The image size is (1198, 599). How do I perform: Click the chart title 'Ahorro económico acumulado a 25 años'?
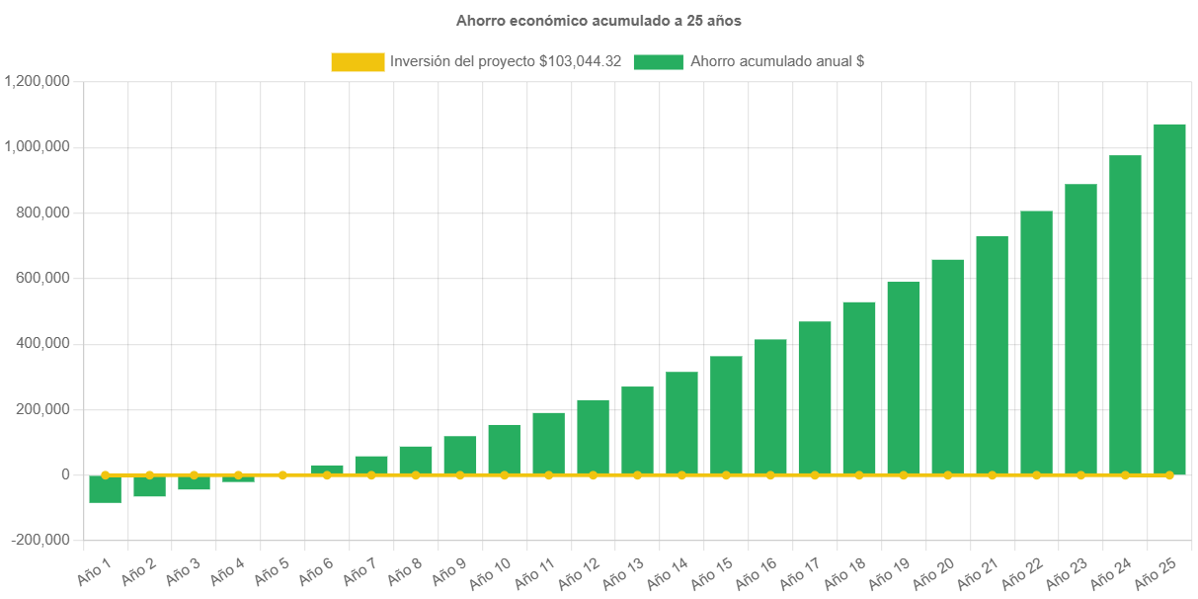click(x=599, y=20)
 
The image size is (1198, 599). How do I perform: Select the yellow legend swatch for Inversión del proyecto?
click(x=358, y=61)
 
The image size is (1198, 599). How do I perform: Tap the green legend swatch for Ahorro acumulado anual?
click(x=658, y=61)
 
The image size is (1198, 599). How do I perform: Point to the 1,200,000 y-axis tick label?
click(x=37, y=81)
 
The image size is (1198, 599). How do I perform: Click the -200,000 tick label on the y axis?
click(x=40, y=540)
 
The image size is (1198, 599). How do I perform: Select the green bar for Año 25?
click(x=1169, y=297)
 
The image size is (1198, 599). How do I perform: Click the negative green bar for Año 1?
click(x=105, y=489)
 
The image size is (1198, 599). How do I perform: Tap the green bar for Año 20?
click(x=947, y=366)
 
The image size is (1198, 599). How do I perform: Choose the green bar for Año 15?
click(x=726, y=415)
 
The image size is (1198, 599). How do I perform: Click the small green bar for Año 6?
click(x=327, y=469)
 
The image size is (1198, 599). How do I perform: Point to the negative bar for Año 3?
click(x=194, y=482)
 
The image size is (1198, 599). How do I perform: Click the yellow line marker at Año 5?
click(x=282, y=474)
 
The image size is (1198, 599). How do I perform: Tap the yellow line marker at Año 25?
click(x=1169, y=475)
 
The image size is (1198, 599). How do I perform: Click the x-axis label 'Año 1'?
click(x=96, y=568)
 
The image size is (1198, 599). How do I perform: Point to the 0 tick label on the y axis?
click(x=65, y=474)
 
